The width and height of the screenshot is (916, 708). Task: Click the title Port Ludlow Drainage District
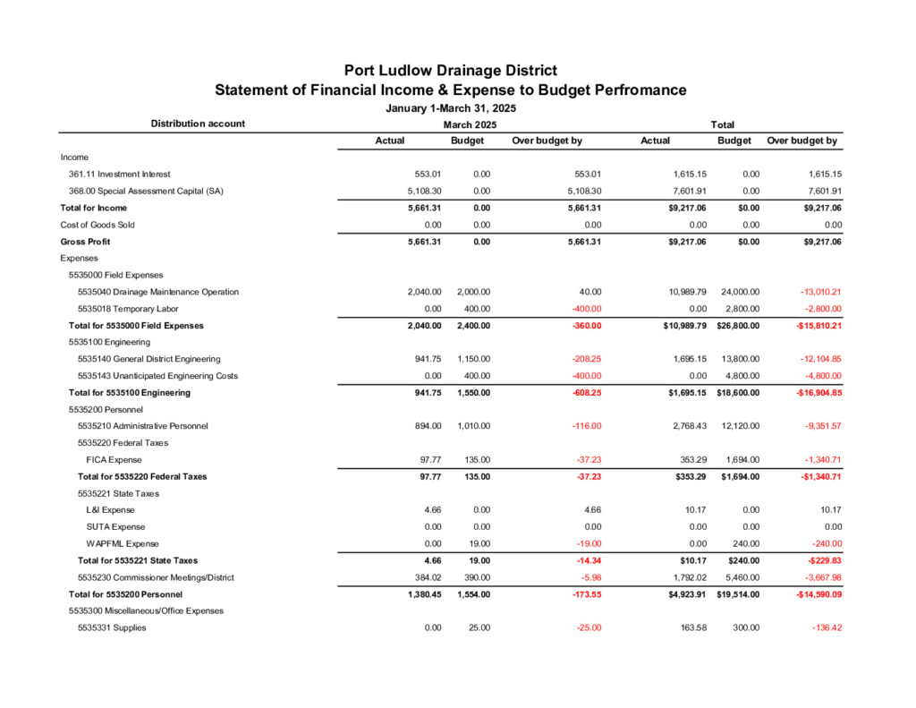pyautogui.click(x=451, y=71)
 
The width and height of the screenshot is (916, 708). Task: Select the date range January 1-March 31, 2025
pyautogui.click(x=451, y=108)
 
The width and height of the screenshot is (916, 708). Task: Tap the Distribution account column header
pyautogui.click(x=198, y=124)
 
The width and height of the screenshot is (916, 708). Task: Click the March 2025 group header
pyautogui.click(x=470, y=125)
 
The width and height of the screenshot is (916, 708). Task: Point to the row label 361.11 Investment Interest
pyautogui.click(x=119, y=174)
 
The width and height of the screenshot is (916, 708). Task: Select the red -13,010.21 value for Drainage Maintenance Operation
pyautogui.click(x=812, y=292)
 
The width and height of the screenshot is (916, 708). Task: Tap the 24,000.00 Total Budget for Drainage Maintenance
pyautogui.click(x=740, y=292)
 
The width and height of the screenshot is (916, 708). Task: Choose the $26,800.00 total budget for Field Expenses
pyautogui.click(x=738, y=325)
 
